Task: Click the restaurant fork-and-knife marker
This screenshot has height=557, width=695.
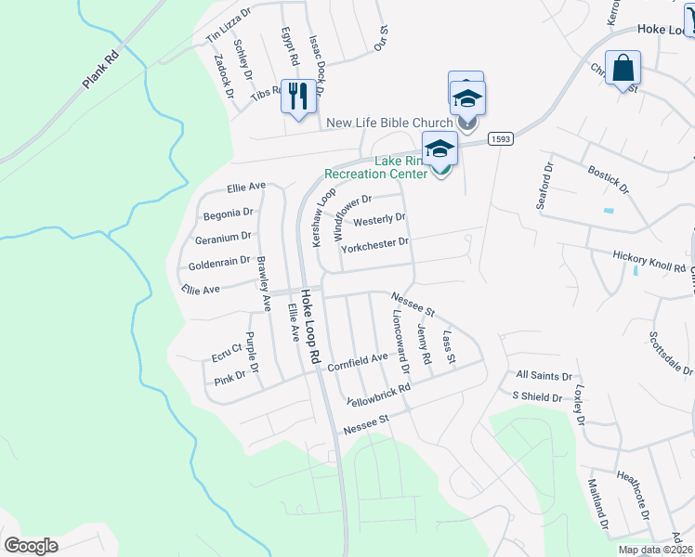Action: coord(298,96)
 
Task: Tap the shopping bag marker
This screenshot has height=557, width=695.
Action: coord(623,69)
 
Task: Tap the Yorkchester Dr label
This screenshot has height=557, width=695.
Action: coord(375,244)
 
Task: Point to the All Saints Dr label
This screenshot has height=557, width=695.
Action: coord(544,375)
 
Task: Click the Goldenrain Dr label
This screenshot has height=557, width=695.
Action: coord(219,264)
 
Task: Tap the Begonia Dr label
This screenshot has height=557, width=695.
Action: coord(228,214)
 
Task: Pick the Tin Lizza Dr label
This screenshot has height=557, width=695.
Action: coord(229,26)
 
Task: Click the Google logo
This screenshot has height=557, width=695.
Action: coord(31,546)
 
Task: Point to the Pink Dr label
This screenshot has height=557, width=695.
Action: coord(229,377)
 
